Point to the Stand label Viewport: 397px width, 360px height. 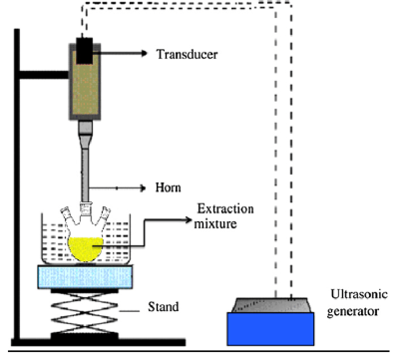[x=160, y=306]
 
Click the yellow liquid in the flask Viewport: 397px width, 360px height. [x=85, y=245]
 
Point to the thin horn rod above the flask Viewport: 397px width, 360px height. [x=85, y=180]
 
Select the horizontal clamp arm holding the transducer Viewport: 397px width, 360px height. [x=45, y=74]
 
